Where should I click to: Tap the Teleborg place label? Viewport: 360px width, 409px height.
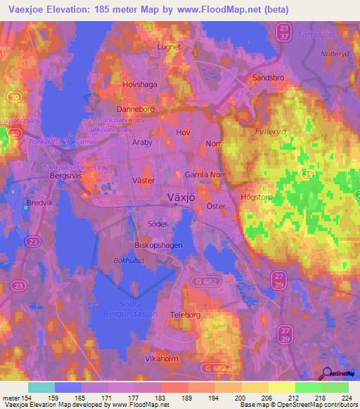[x=186, y=316]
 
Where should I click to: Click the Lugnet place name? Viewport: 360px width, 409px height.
[x=169, y=47]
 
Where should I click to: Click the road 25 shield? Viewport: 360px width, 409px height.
[x=307, y=174]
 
